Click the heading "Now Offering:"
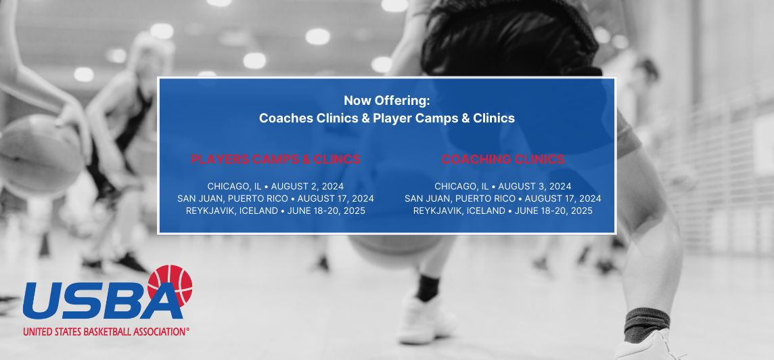point(387,101)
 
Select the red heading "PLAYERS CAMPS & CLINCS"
point(276,160)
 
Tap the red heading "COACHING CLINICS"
point(503,160)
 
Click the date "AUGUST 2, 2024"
point(307,187)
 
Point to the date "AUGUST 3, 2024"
point(534,187)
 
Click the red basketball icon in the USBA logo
point(170,286)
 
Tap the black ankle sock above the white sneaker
point(428,288)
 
